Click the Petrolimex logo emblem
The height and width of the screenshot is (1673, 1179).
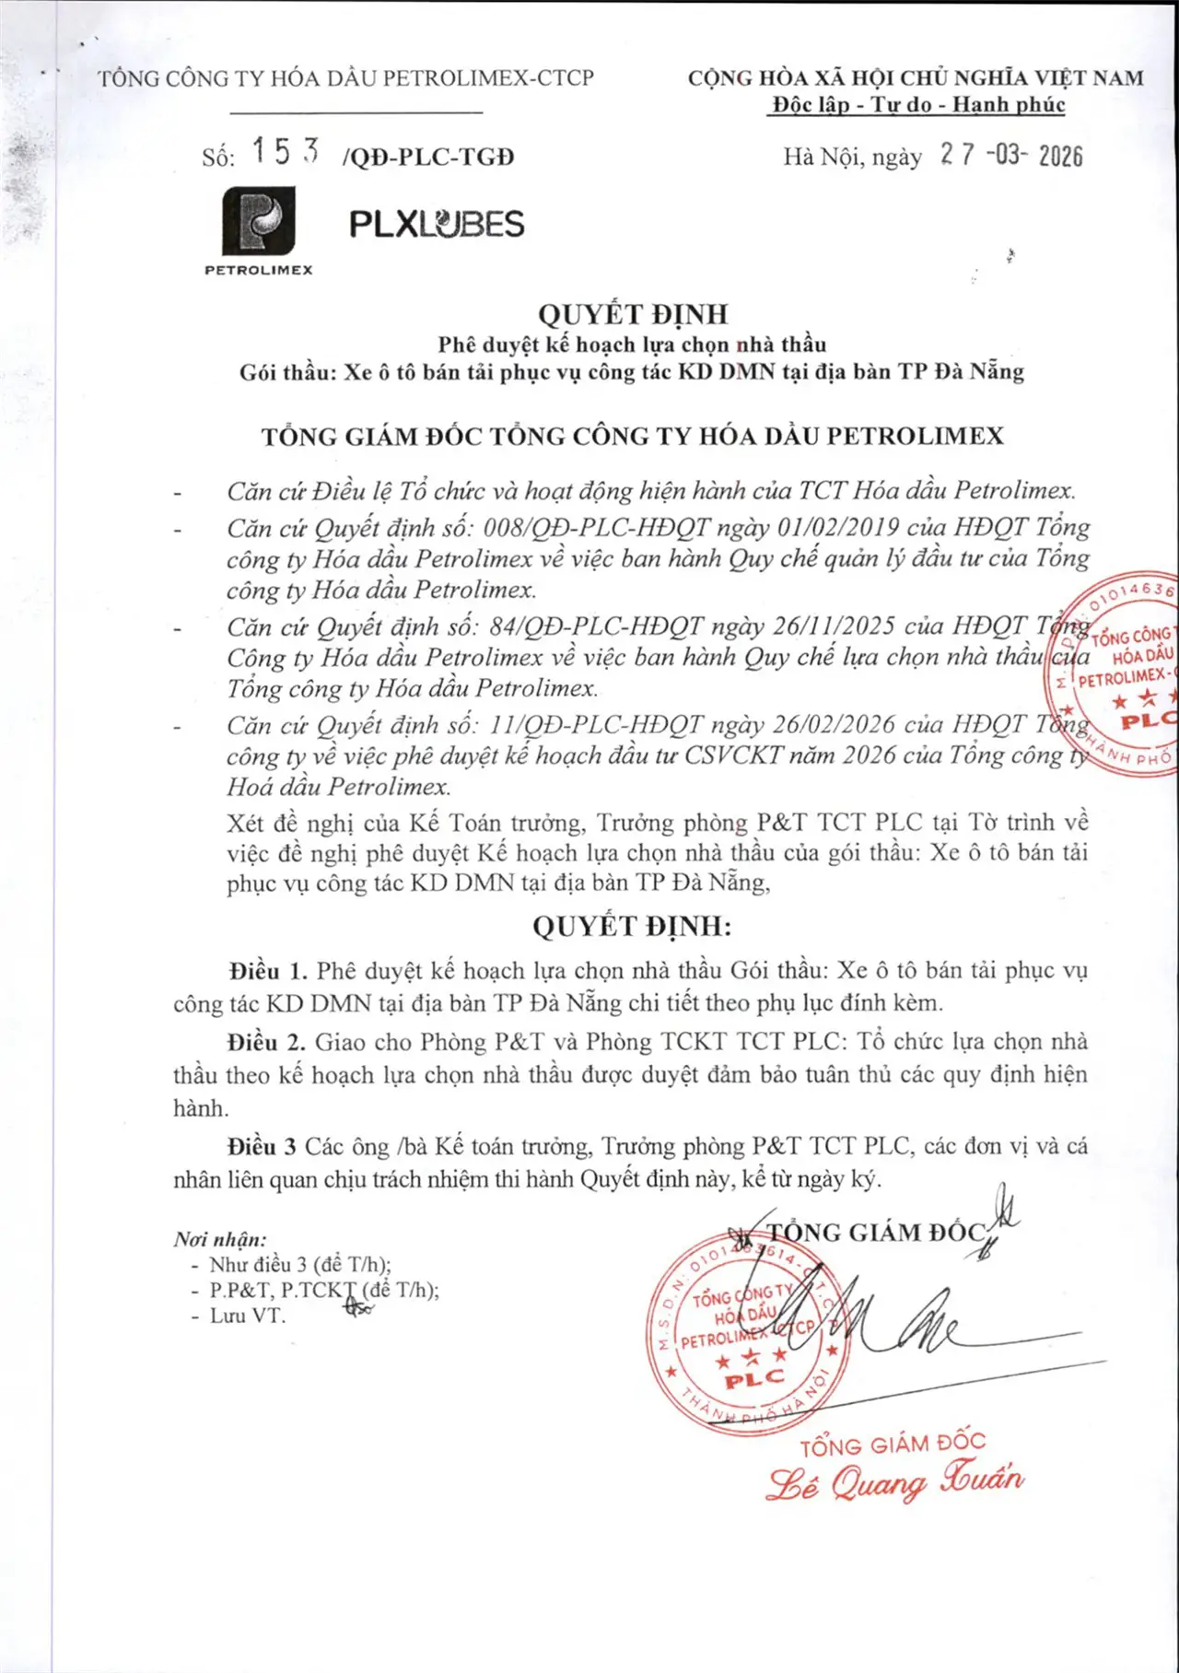coord(259,221)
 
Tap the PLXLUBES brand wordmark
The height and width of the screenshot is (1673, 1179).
coord(437,224)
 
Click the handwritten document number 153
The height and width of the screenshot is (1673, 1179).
coord(286,152)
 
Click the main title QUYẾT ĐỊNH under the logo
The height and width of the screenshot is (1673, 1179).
coord(633,314)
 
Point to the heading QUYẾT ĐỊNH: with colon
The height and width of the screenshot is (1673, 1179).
coord(632,926)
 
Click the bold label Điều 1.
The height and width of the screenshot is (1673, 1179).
coord(268,971)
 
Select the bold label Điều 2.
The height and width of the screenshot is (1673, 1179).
coord(266,1042)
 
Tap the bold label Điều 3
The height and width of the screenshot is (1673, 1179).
coord(263,1147)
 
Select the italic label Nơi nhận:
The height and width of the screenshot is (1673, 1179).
coord(220,1239)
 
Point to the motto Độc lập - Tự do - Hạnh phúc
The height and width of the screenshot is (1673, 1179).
coord(917,105)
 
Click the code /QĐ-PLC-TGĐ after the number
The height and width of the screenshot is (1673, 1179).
coord(427,158)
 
